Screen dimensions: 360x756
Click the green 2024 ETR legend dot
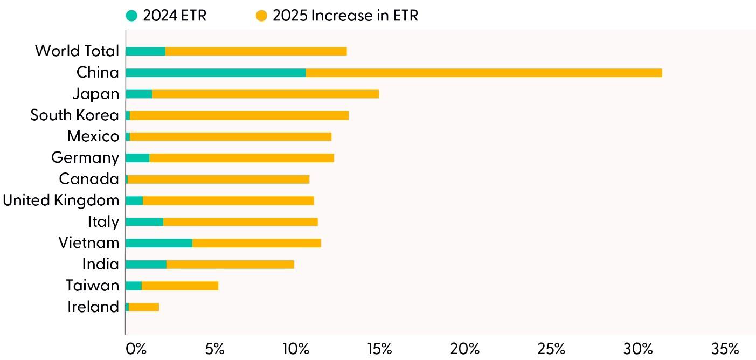(131, 16)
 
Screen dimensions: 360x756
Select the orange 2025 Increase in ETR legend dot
(261, 16)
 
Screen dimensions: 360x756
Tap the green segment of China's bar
(216, 73)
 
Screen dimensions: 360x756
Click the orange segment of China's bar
(483, 73)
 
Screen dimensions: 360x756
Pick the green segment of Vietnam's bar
(158, 243)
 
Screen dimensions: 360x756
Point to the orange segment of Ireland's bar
(144, 307)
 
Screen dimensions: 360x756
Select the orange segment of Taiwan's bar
(180, 286)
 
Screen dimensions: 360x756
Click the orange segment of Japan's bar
(265, 94)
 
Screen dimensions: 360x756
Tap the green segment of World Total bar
(145, 51)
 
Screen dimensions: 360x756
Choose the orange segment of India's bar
(230, 264)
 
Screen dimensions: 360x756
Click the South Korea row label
(74, 115)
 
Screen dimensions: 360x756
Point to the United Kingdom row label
(61, 200)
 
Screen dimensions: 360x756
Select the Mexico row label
(93, 136)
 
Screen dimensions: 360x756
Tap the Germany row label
(85, 158)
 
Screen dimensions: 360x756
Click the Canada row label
(89, 179)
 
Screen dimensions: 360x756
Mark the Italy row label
(103, 221)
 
